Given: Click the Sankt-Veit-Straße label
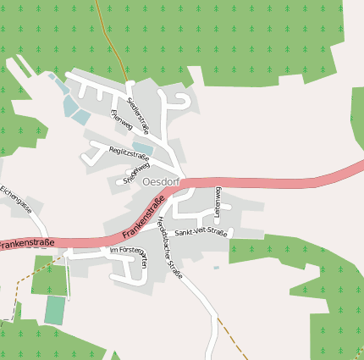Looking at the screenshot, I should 201,232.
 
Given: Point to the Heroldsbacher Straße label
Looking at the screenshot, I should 169,246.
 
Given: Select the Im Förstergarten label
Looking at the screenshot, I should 129,253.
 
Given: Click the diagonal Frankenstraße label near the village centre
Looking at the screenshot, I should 143,216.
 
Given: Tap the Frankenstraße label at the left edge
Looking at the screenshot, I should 25,244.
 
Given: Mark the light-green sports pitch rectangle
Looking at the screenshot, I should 54,309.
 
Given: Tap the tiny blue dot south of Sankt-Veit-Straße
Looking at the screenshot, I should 216,268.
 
